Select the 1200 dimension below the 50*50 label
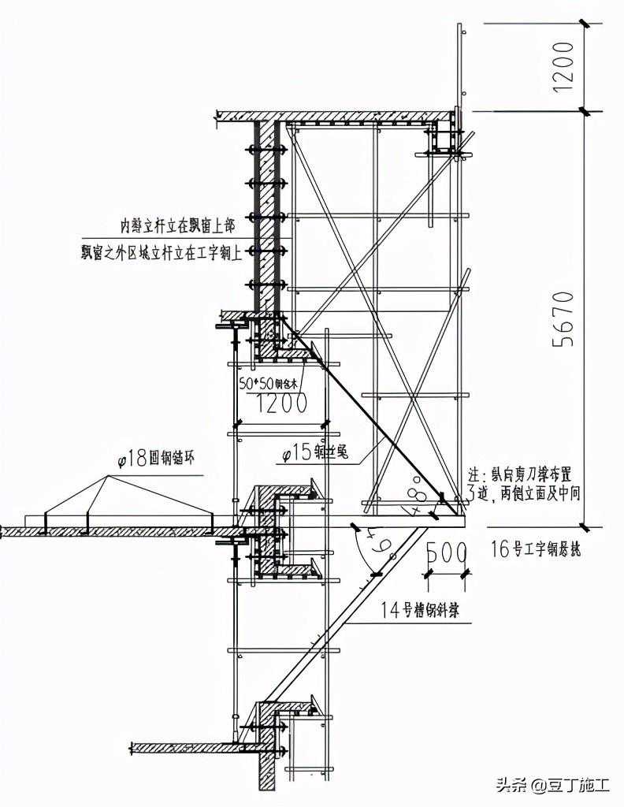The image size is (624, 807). (279, 403)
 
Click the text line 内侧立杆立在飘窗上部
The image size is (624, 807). (176, 225)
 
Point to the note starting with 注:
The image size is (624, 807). (519, 485)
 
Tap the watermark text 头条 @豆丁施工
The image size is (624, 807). (552, 785)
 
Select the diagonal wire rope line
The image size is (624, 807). (370, 422)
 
